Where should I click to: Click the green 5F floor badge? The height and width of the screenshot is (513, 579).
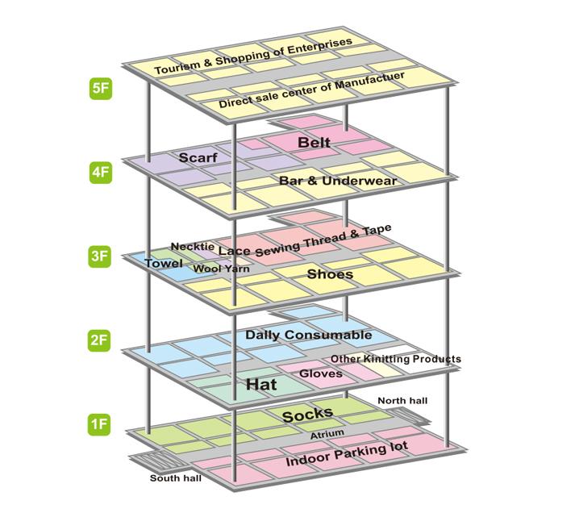point(100,88)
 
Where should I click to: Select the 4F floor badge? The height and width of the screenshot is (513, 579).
point(100,172)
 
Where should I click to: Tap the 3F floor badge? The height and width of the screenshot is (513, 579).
point(100,256)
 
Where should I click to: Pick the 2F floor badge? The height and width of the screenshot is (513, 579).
point(100,340)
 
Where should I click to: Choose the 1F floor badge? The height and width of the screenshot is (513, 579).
point(100,423)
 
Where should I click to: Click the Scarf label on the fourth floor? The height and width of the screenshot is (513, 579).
point(198,157)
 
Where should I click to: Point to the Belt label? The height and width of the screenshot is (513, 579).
point(314,143)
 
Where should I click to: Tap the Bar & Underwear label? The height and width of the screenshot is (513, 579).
point(338,181)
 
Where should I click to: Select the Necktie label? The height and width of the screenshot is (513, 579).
point(193,246)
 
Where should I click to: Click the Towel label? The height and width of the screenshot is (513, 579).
point(164,263)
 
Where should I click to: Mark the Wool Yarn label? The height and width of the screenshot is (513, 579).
point(222,267)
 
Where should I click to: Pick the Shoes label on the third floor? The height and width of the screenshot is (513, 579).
point(330,274)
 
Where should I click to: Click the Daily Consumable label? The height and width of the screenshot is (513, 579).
point(309,335)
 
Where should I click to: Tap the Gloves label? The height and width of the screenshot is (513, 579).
point(321,373)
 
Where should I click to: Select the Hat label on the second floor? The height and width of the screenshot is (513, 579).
point(261,385)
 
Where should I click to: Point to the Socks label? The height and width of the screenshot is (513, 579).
point(307,415)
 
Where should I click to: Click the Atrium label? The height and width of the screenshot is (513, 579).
point(327,434)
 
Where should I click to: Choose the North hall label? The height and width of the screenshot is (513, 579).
point(402,401)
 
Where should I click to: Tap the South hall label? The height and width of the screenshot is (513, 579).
point(175,478)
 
